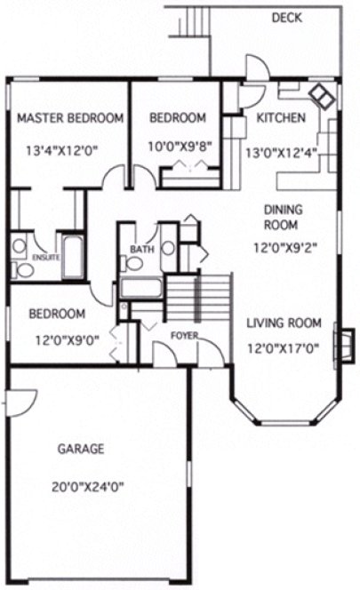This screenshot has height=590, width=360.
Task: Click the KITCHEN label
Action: tap(281, 117)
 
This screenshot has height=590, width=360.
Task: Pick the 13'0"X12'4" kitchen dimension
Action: tap(281, 152)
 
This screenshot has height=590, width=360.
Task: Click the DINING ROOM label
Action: tap(284, 217)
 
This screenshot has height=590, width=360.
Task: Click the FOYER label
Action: tap(184, 335)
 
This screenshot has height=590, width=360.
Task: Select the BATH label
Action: tap(142, 250)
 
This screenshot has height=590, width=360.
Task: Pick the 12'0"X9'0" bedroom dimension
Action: tap(57, 339)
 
